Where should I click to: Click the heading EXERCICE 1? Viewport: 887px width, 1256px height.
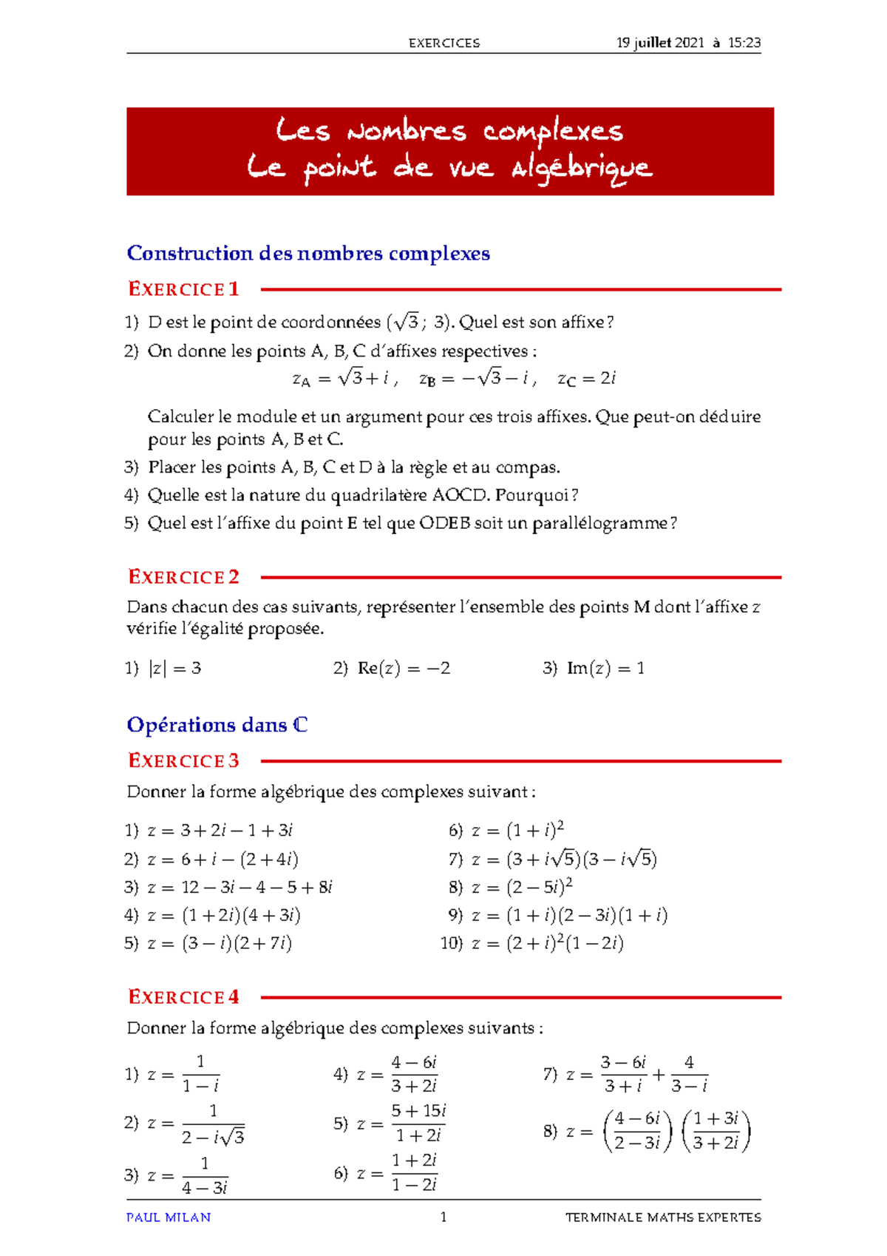183,289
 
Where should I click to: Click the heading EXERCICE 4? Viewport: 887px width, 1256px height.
183,997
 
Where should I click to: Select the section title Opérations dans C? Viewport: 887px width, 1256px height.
217,725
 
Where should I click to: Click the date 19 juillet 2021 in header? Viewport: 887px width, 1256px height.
660,43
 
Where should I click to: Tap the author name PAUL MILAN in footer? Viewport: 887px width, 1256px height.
169,1217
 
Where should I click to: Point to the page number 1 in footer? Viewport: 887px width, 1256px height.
443,1217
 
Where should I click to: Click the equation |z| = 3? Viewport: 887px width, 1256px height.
175,669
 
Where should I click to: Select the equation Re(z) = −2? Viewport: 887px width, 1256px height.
404,669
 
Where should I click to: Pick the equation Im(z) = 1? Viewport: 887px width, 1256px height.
605,669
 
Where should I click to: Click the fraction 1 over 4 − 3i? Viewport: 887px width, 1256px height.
205,1176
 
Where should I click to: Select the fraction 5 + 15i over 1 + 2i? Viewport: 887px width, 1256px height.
418,1123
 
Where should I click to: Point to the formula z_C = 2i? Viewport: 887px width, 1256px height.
587,379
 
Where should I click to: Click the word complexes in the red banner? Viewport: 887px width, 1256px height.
553,131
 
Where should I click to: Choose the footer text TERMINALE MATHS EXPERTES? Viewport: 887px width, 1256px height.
663,1217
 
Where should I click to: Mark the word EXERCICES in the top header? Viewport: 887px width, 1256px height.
444,43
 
